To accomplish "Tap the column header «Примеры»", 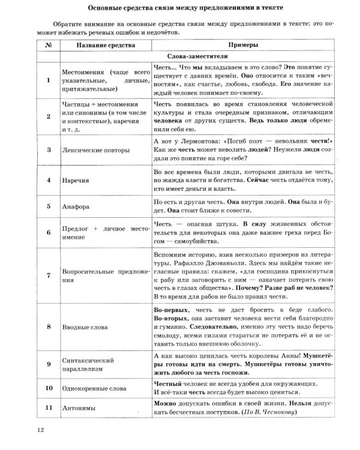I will point(244,46).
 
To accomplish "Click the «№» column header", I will point(47,46).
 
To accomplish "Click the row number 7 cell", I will point(47,275).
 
